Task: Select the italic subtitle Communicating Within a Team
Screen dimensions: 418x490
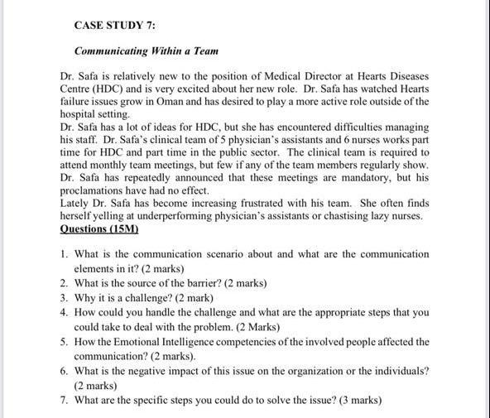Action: [146, 51]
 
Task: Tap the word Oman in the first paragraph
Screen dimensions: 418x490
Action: [190, 102]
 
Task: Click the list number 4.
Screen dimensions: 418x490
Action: [64, 313]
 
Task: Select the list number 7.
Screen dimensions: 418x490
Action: [64, 401]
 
